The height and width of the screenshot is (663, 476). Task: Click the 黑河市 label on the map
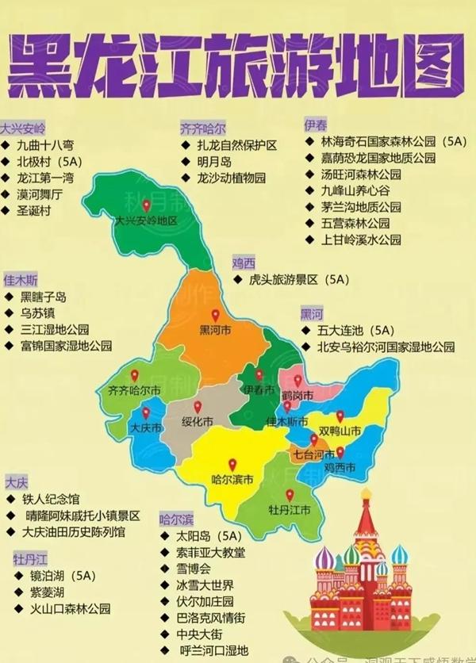215,329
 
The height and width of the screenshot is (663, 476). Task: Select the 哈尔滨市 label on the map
232,479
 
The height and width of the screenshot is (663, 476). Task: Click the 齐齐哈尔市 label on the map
134,390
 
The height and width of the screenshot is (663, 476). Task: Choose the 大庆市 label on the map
146,428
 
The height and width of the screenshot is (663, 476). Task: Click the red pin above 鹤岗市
297,381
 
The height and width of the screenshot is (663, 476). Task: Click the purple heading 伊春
315,125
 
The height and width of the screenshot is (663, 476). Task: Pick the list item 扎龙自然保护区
237,145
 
